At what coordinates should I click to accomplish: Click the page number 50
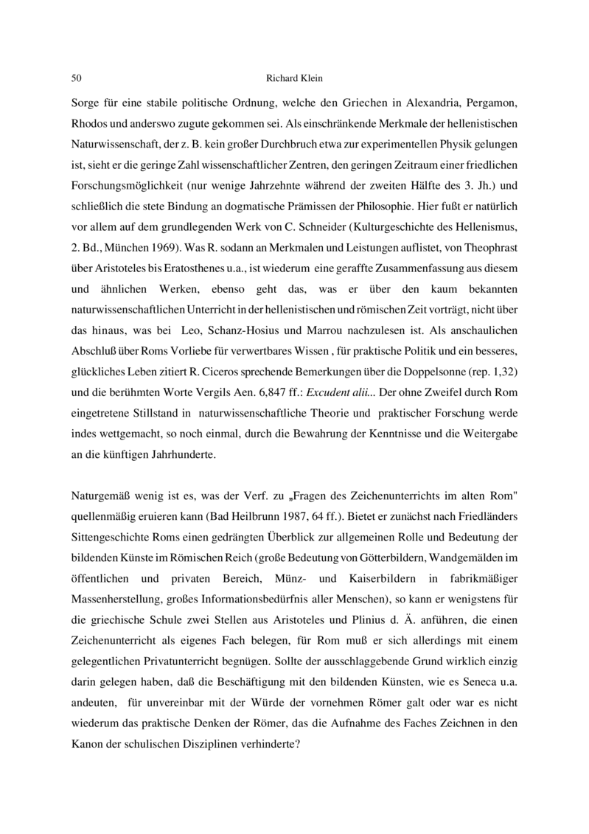pos(76,78)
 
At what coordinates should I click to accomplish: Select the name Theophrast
pos(487,240)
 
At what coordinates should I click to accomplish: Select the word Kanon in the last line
pos(88,740)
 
